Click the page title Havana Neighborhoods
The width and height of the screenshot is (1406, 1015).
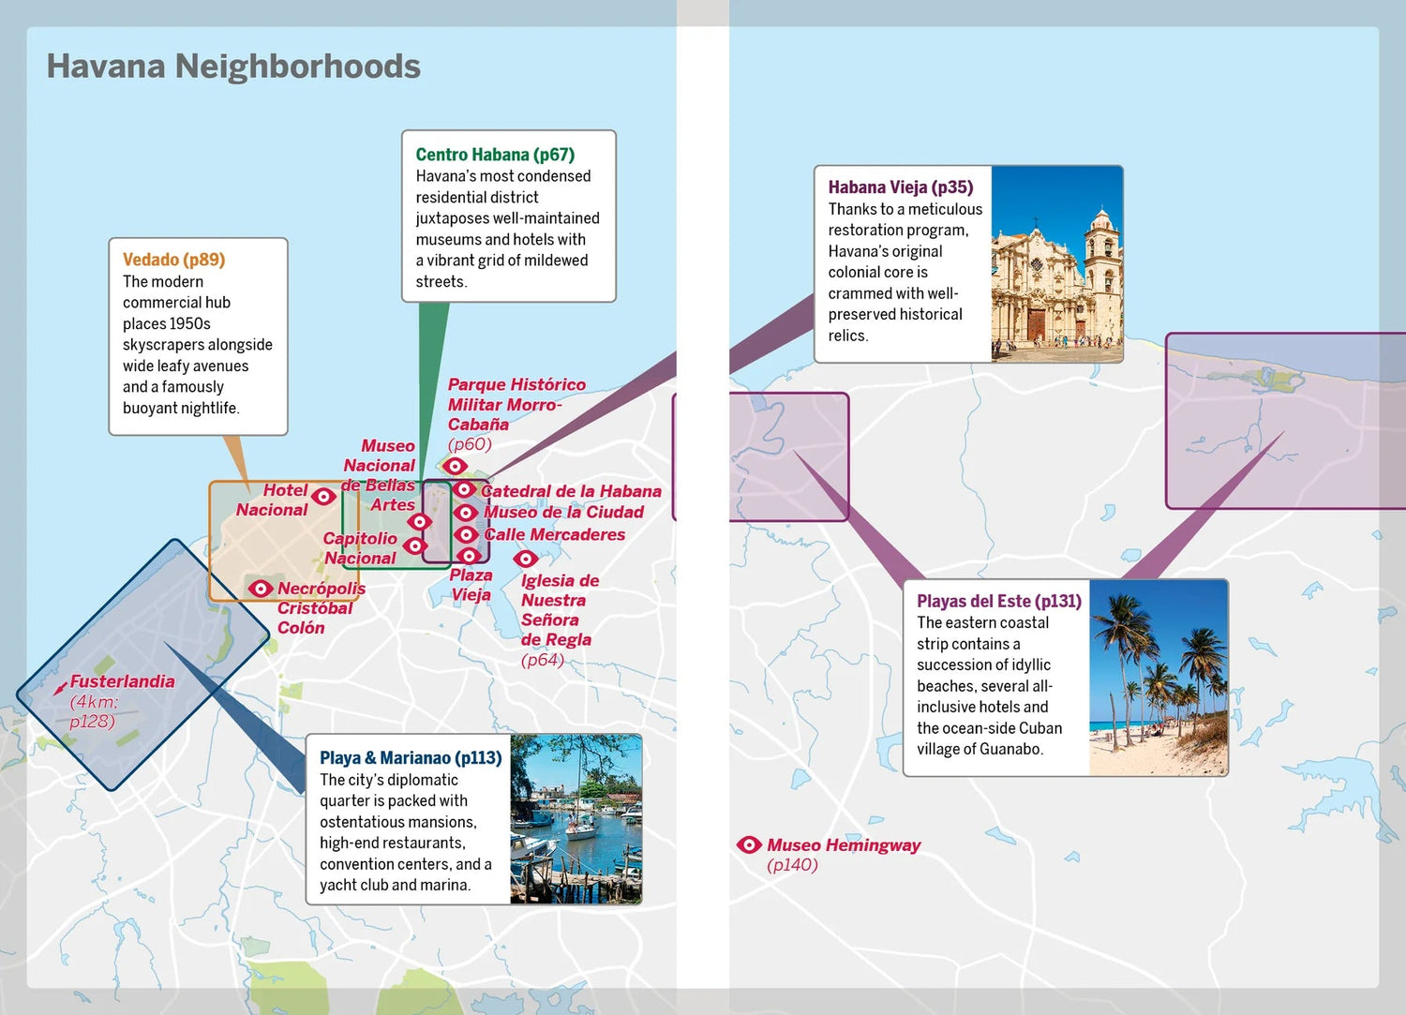coord(233,67)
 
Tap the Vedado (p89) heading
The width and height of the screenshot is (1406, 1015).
coord(173,260)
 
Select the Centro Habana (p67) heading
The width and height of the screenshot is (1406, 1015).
coord(495,155)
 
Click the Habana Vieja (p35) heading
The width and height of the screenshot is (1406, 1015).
coord(900,187)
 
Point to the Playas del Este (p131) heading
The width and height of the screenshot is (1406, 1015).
coord(998,602)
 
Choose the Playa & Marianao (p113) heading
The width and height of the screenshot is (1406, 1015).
coord(410,758)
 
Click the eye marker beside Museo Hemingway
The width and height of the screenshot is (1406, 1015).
coord(748,845)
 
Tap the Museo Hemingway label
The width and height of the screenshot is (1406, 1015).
coord(843,845)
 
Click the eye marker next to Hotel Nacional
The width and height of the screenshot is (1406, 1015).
coord(323,496)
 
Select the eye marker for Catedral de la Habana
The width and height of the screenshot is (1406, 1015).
coord(464,489)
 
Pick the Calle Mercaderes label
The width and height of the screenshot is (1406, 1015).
coord(554,534)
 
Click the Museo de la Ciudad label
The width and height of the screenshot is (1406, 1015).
coord(563,512)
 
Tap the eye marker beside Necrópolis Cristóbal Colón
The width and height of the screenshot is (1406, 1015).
coord(260,589)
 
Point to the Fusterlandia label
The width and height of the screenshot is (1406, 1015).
coord(122,681)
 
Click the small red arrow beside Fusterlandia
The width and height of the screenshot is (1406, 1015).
coord(60,689)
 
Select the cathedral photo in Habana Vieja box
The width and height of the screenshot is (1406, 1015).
coord(1056,263)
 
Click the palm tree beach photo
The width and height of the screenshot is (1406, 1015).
coord(1158,678)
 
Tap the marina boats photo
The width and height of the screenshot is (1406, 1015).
coord(576,819)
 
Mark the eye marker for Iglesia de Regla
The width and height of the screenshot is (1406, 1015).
coord(525,559)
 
